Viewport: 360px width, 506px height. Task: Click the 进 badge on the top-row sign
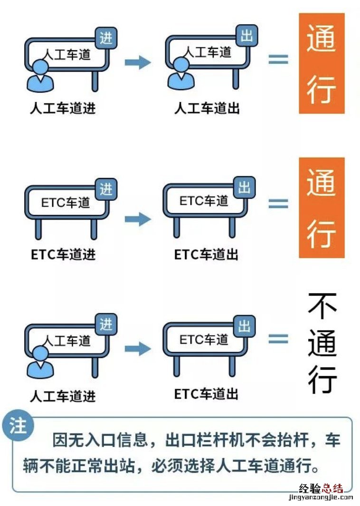[106, 38]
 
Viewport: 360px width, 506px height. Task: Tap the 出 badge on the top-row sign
[246, 36]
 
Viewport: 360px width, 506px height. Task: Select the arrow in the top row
[138, 62]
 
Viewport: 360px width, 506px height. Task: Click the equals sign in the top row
[278, 59]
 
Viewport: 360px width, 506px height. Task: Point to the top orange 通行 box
[322, 63]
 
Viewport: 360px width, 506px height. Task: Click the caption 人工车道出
[207, 108]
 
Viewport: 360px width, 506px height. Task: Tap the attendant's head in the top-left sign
[40, 67]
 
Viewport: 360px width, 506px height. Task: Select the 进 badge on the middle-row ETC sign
[106, 189]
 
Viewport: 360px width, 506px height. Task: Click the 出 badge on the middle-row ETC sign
[245, 187]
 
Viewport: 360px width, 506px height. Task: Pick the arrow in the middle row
[138, 219]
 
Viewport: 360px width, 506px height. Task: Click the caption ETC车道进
[63, 254]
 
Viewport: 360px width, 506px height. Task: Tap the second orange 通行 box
[322, 207]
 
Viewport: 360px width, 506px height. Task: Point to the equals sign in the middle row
[278, 203]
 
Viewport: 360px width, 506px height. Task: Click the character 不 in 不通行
[322, 306]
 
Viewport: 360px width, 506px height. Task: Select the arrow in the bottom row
[138, 348]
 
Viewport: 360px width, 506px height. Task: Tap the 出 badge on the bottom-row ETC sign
[245, 326]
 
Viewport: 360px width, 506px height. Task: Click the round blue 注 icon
[18, 426]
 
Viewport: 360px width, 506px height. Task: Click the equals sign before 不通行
[278, 338]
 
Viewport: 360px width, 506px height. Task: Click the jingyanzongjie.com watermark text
[321, 497]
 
